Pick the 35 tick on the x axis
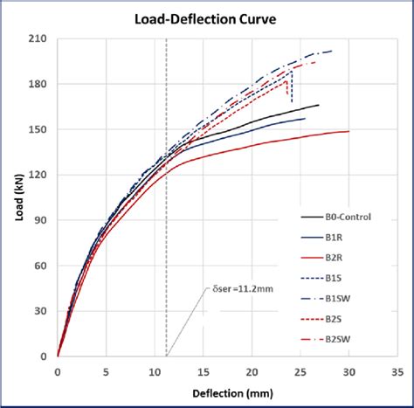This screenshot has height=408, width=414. click(x=397, y=370)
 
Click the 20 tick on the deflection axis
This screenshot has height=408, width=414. click(x=252, y=370)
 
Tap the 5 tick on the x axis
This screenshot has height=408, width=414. click(x=107, y=370)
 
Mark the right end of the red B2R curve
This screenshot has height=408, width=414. click(x=348, y=132)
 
